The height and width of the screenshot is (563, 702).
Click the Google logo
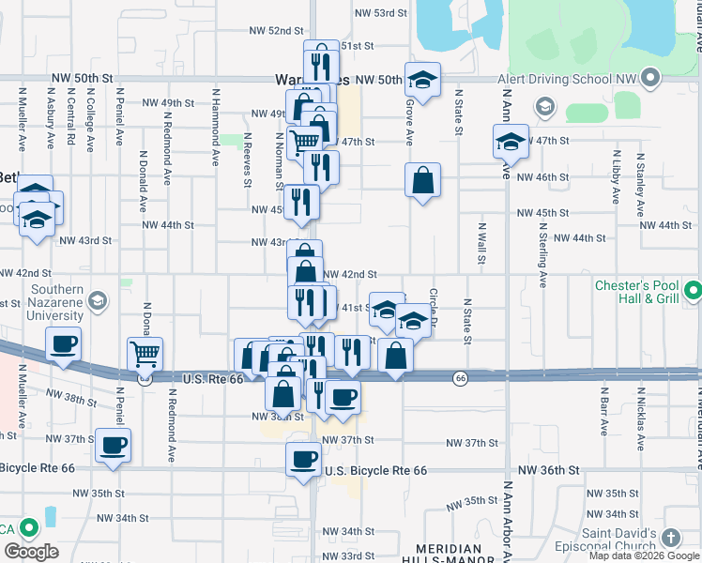click(31, 552)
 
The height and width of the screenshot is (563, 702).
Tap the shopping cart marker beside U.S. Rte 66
click(145, 356)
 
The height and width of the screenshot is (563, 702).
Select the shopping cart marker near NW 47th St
click(304, 144)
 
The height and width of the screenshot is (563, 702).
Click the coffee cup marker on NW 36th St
click(303, 459)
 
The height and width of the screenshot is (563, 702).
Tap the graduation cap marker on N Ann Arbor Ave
click(510, 143)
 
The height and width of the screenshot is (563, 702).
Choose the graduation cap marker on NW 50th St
click(422, 81)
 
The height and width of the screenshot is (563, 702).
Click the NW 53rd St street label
click(381, 13)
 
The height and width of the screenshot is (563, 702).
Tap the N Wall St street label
click(481, 242)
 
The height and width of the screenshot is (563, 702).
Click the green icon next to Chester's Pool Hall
click(693, 292)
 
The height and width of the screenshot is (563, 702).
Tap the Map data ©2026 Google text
click(644, 556)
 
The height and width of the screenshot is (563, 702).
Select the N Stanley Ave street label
click(640, 178)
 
